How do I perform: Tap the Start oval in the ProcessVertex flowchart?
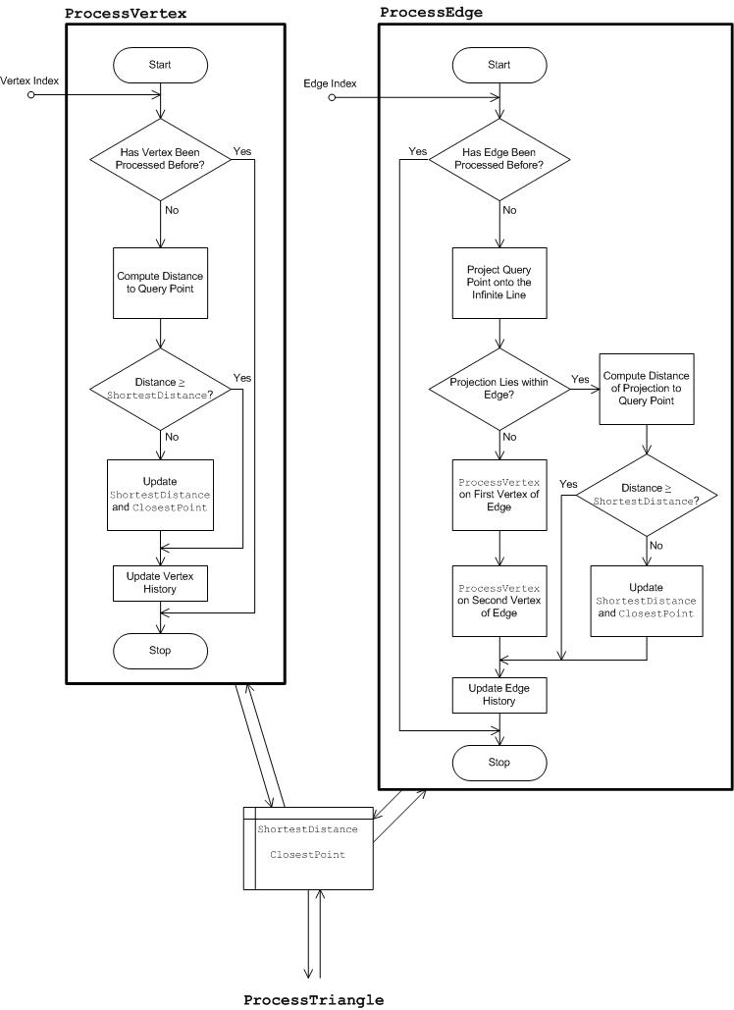(160, 65)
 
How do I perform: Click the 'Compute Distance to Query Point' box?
(160, 284)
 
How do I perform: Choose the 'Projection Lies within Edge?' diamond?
(500, 388)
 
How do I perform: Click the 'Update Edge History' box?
(500, 695)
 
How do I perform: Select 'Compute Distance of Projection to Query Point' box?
(647, 388)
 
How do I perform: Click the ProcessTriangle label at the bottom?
(313, 999)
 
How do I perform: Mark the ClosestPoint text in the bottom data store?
(307, 854)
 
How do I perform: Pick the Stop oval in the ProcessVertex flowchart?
(160, 650)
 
